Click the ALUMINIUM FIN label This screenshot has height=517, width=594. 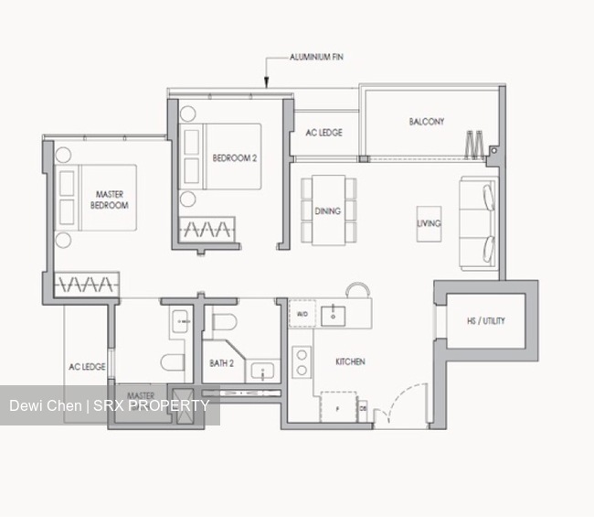click(316, 57)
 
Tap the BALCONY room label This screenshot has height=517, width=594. click(427, 122)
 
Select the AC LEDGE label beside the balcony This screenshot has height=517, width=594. click(324, 133)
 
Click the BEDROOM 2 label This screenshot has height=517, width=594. click(235, 157)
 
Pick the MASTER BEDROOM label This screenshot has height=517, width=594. click(110, 199)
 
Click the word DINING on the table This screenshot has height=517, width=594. click(328, 211)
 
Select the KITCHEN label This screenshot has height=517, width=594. click(350, 362)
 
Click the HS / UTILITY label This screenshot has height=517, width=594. click(485, 321)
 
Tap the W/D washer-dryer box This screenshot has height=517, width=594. click(301, 316)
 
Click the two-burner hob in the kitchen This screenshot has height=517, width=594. click(300, 362)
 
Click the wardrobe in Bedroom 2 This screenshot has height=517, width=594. click(207, 228)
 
